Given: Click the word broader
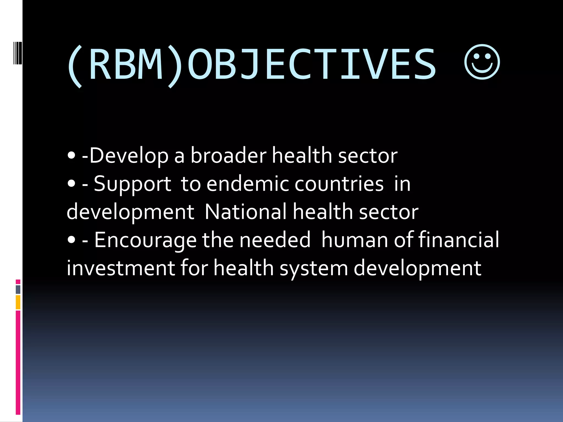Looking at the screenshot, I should pos(228,156).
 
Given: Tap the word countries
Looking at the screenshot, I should pos(339,184).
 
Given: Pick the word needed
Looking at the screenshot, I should pos(275,240).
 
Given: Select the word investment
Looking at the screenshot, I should pos(121,268).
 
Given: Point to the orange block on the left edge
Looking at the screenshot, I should pos(18,302).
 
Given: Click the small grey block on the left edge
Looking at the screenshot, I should pos(18,289).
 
